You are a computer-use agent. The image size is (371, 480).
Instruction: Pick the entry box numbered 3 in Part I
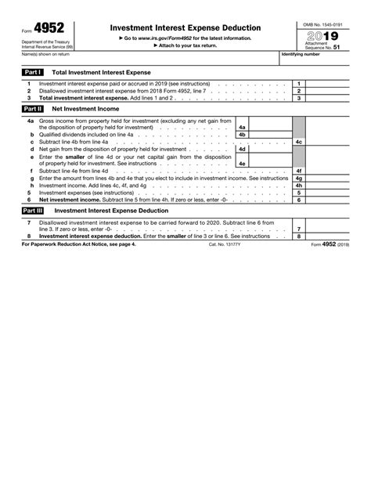(298, 98)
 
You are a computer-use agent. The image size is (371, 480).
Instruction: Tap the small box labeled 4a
(242, 127)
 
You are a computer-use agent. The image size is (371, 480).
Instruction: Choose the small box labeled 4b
(242, 135)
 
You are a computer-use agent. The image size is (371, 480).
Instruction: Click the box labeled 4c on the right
(298, 142)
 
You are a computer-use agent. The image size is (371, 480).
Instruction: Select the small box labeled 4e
(242, 163)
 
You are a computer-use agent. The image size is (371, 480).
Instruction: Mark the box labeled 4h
(298, 185)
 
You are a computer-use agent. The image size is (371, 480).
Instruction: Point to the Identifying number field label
(302, 56)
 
